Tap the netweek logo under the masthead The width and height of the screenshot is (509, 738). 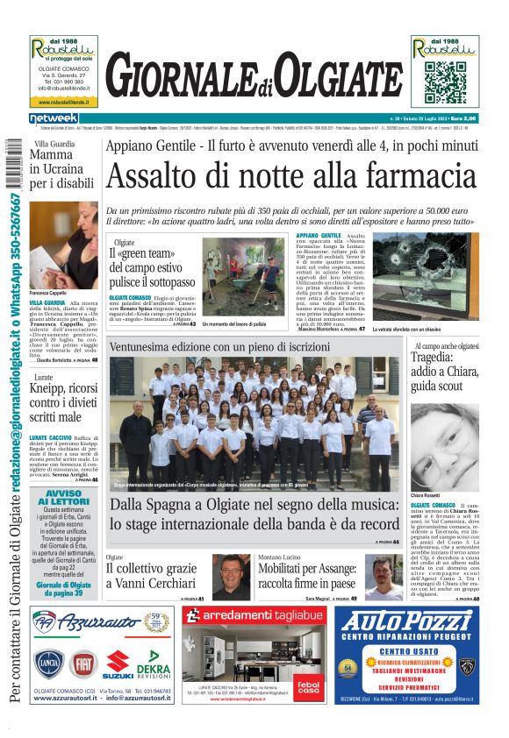tap(54, 118)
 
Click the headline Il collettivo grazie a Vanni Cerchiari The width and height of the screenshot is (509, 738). tap(151, 575)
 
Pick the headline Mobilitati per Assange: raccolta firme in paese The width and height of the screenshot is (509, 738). tap(306, 576)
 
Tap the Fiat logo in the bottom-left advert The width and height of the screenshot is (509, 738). tap(84, 664)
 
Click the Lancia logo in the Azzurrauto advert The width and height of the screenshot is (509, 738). tap(49, 664)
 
